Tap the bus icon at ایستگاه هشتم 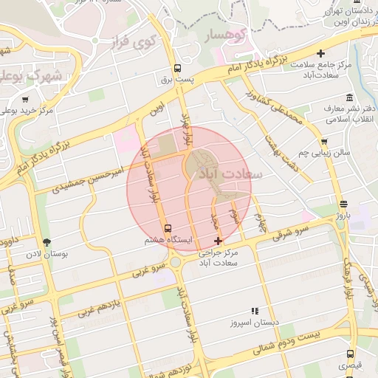coord(168,228)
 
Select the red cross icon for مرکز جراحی coord(218,241)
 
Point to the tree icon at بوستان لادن coord(48,241)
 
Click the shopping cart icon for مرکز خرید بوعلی coord(26,99)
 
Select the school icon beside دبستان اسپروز coord(255,312)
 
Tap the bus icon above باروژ coord(343,205)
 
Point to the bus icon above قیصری coord(351,353)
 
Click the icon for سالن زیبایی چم coord(324,142)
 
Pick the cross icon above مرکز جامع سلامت coord(320,53)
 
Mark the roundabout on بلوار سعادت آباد coord(175,262)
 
